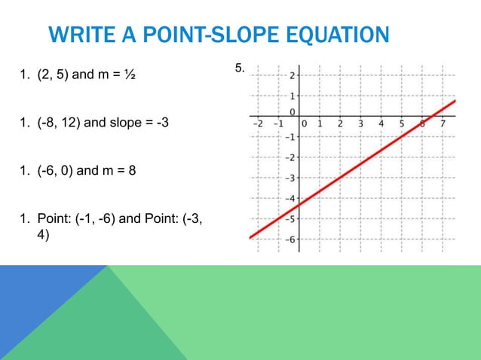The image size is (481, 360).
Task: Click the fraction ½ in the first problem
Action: pyautogui.click(x=130, y=75)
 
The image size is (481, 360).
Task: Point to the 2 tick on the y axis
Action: pyautogui.click(x=293, y=75)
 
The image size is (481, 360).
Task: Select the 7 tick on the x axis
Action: pyautogui.click(x=443, y=124)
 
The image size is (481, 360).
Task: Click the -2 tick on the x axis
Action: pyautogui.click(x=257, y=124)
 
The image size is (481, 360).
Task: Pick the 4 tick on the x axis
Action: pyautogui.click(x=381, y=124)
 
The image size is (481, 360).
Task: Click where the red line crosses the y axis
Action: pyautogui.click(x=299, y=205)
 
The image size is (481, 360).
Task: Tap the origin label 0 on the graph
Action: pyautogui.click(x=305, y=124)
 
